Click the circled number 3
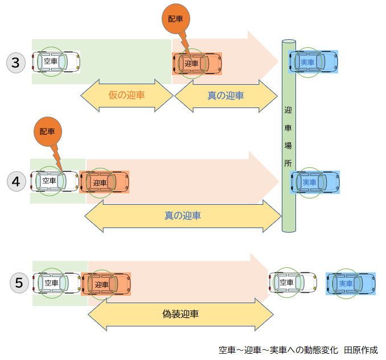coord(16,63)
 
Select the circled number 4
coord(16,181)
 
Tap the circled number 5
coord(19,282)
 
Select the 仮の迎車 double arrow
coord(126,95)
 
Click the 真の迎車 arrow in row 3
coord(225,95)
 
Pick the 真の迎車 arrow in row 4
coord(183,216)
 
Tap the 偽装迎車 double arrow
coord(181,313)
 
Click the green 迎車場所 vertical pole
coord(289,136)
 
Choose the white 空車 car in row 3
coord(56,61)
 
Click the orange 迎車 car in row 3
coord(196,63)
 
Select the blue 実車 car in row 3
coord(313,61)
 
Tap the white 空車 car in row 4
coord(54,181)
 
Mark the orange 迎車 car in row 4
coord(105,182)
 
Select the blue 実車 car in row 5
coord(351,283)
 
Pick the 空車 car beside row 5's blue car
coord(292,282)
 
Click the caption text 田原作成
coord(361,350)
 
